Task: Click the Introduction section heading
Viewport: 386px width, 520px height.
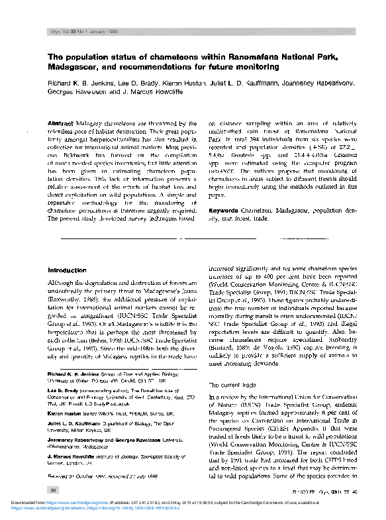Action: point(68,270)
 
